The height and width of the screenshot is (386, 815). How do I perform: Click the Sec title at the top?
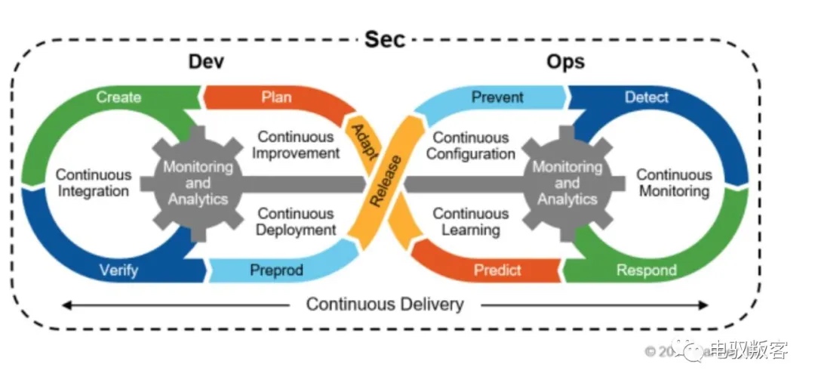point(385,39)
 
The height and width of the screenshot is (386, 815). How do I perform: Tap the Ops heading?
point(565,62)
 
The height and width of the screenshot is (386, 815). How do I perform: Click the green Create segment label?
point(118,97)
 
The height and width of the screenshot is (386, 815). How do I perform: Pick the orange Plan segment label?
point(276,97)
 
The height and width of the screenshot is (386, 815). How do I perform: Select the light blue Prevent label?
point(497,97)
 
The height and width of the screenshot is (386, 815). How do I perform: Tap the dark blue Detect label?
point(647,97)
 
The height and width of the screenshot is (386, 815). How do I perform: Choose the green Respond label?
point(646,270)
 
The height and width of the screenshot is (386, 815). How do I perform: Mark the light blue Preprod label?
point(276,270)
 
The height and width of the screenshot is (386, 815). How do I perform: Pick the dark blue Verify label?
point(118,270)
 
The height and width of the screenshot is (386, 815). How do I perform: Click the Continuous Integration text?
point(94,183)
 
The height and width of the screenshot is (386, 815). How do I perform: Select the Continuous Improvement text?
point(296,145)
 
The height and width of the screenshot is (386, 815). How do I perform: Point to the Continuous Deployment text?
point(296,221)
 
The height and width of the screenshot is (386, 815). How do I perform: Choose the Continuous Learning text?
point(470,221)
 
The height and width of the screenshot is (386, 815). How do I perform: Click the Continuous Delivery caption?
point(384,304)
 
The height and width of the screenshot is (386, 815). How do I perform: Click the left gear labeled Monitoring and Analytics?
point(198,183)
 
